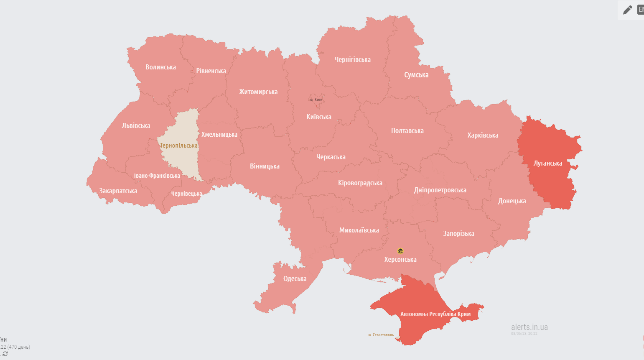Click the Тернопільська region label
179,146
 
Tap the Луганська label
547,163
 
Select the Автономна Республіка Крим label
435,314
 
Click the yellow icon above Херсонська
400,251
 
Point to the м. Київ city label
316,100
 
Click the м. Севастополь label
381,335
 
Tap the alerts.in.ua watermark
529,327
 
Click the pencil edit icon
627,10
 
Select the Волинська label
160,67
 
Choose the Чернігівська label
352,59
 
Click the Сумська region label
416,75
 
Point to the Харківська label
483,135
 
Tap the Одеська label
295,278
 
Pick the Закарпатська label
118,191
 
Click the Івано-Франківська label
157,176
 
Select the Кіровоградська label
360,183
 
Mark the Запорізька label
458,233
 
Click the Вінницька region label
265,166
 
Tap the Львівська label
136,125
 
